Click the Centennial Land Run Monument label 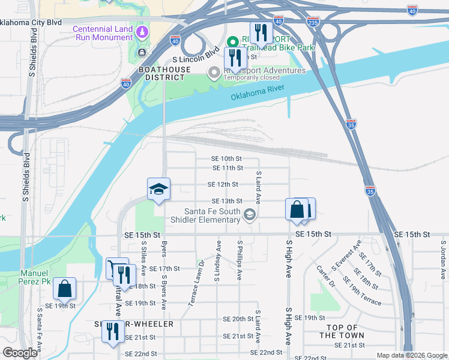pyautogui.click(x=103, y=34)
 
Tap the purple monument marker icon pyautogui.click(x=142, y=32)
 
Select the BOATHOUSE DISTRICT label pyautogui.click(x=161, y=73)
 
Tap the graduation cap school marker pyautogui.click(x=159, y=189)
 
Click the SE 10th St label pyautogui.click(x=227, y=158)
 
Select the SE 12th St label pyautogui.click(x=223, y=185)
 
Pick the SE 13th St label pyautogui.click(x=226, y=201)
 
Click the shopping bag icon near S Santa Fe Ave pyautogui.click(x=64, y=289)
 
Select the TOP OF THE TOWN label pyautogui.click(x=342, y=331)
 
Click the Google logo pyautogui.click(x=20, y=353)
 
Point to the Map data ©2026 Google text pyautogui.click(x=411, y=355)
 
